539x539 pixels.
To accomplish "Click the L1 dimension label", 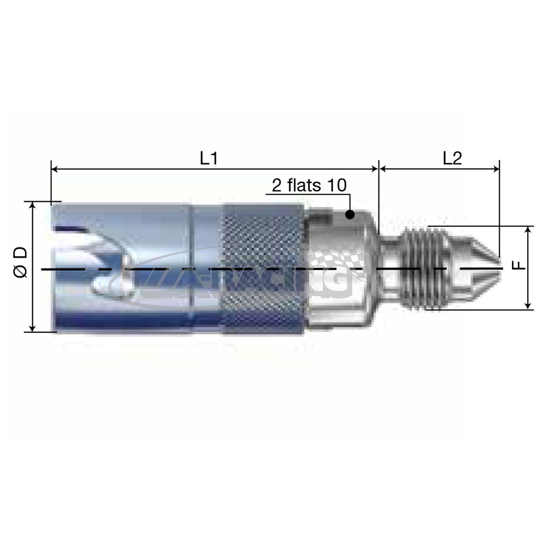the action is (x=208, y=159).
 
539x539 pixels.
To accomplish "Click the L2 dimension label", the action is (x=452, y=159).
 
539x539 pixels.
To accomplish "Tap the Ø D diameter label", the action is (x=21, y=262).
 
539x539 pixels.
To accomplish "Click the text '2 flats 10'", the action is (x=309, y=185).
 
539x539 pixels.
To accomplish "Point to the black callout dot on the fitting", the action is (x=350, y=214).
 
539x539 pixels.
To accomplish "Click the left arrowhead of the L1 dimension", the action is (x=55, y=169).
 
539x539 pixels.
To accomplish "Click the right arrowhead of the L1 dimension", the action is (x=374, y=169).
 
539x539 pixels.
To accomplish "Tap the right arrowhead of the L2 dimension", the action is (x=496, y=169).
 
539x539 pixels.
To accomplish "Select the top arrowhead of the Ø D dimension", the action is (x=33, y=205).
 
